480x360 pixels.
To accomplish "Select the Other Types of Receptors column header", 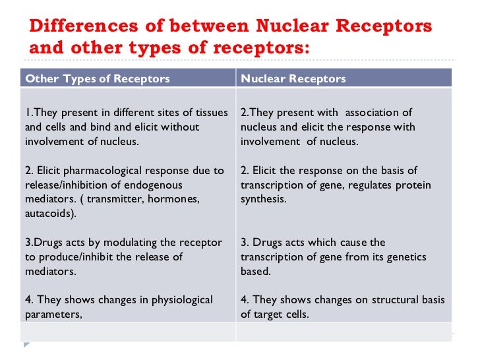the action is click(97, 79).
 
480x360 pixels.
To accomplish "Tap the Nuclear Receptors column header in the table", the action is click(293, 79).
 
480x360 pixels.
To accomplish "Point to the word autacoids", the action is click(48, 212).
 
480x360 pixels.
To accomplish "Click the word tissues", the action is click(212, 112).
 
